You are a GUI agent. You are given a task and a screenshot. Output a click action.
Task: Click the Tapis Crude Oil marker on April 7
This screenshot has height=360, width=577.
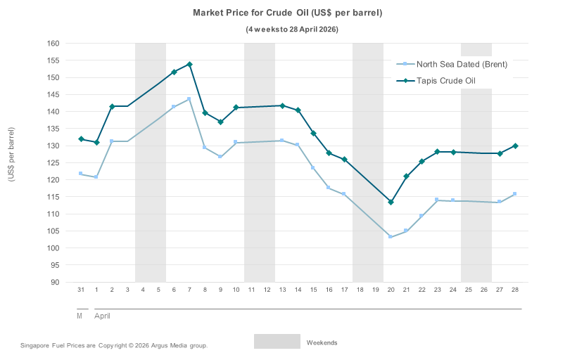click(189, 64)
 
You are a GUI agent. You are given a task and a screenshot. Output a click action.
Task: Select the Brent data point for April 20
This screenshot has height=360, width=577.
click(391, 237)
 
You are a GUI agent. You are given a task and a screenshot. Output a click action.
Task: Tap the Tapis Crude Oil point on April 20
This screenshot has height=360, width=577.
click(391, 202)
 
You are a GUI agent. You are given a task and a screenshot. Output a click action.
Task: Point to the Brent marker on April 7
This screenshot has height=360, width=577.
click(189, 99)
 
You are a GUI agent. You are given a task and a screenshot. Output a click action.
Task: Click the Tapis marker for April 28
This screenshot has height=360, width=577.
click(515, 146)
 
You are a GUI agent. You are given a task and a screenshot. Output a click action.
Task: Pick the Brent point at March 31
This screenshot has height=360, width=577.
click(81, 173)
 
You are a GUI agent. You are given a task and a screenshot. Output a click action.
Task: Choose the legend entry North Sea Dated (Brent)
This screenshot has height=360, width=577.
click(462, 65)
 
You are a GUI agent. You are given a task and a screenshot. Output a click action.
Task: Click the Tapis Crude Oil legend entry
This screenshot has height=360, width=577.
click(445, 81)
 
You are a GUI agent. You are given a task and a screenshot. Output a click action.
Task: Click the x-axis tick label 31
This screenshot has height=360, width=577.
click(81, 290)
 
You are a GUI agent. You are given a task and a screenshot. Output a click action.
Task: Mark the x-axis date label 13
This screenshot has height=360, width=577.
click(282, 290)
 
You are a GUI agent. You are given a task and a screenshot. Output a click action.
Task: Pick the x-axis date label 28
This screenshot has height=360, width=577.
click(515, 290)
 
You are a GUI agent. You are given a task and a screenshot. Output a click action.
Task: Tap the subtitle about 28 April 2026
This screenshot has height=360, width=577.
click(292, 30)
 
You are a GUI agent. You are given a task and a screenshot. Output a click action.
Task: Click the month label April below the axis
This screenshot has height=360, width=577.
click(102, 316)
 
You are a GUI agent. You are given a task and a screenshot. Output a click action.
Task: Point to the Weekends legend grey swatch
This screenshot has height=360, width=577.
click(277, 342)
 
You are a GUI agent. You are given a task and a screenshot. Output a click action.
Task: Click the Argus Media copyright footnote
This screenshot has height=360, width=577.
click(114, 346)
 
